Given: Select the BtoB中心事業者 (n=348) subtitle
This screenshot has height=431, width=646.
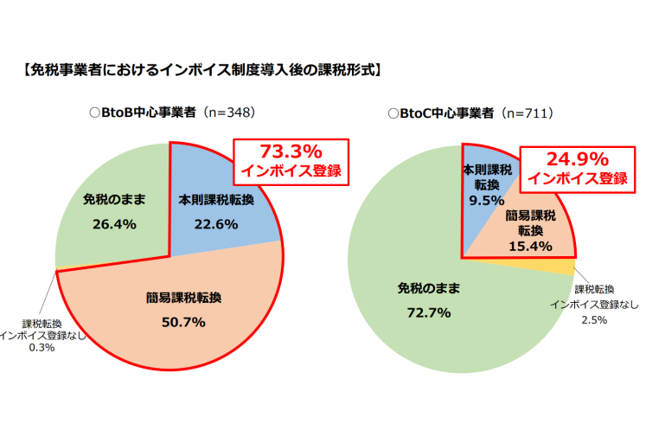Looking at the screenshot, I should coord(172,113).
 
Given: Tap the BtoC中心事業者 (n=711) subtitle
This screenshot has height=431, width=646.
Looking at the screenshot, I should coord(471,113).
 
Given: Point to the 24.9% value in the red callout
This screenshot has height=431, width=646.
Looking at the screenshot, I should coord(577,159).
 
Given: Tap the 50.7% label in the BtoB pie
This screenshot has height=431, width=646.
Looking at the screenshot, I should coord(183,322).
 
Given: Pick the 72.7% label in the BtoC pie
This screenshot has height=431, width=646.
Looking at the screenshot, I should coord(429,312).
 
